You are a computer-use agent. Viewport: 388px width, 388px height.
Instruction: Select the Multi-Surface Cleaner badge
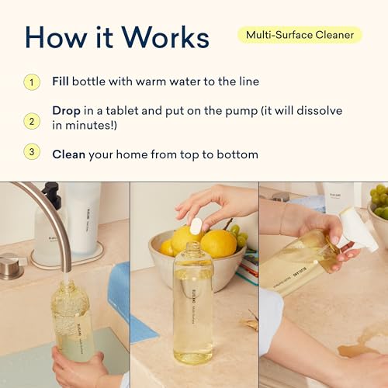tap(299, 34)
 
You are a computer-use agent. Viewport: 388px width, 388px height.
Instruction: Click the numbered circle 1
tap(32, 81)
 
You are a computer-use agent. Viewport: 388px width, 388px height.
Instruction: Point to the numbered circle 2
tap(32, 121)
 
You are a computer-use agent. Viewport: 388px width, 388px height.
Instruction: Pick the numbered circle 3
tap(32, 153)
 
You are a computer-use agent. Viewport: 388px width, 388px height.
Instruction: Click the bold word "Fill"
tap(61, 81)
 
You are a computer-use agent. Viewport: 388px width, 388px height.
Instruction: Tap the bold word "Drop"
tap(67, 109)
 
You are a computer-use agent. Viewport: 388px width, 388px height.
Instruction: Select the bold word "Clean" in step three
tap(68, 154)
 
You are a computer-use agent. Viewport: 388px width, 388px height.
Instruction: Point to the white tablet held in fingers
tap(196, 224)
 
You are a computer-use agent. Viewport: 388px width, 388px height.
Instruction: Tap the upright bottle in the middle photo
tap(193, 310)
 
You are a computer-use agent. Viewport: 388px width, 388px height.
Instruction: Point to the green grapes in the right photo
tap(379, 202)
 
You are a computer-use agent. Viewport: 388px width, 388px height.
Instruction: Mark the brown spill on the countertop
tap(361, 349)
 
